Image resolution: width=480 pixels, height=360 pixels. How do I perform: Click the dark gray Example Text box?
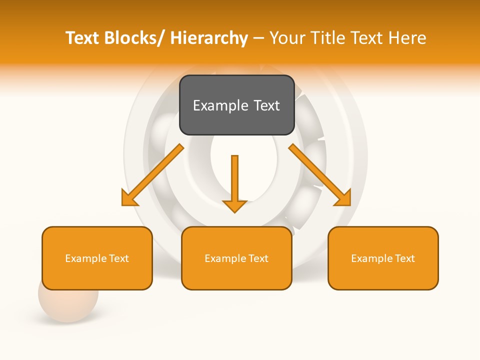tap(236, 105)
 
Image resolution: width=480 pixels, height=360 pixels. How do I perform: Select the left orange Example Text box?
tap(97, 258)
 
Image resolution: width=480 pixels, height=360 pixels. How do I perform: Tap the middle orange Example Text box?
tap(236, 258)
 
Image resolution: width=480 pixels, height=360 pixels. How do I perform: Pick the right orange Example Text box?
tap(383, 258)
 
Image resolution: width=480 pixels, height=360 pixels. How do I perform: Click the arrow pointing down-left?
tap(153, 175)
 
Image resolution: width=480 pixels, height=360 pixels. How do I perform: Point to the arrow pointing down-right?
tap(320, 175)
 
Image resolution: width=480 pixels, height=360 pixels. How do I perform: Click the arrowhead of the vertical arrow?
tap(234, 206)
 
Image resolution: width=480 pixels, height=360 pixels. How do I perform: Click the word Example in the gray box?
tap(216, 105)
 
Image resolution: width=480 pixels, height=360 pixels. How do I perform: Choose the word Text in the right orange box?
tap(404, 258)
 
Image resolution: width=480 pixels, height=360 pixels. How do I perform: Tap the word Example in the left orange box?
tap(85, 258)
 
